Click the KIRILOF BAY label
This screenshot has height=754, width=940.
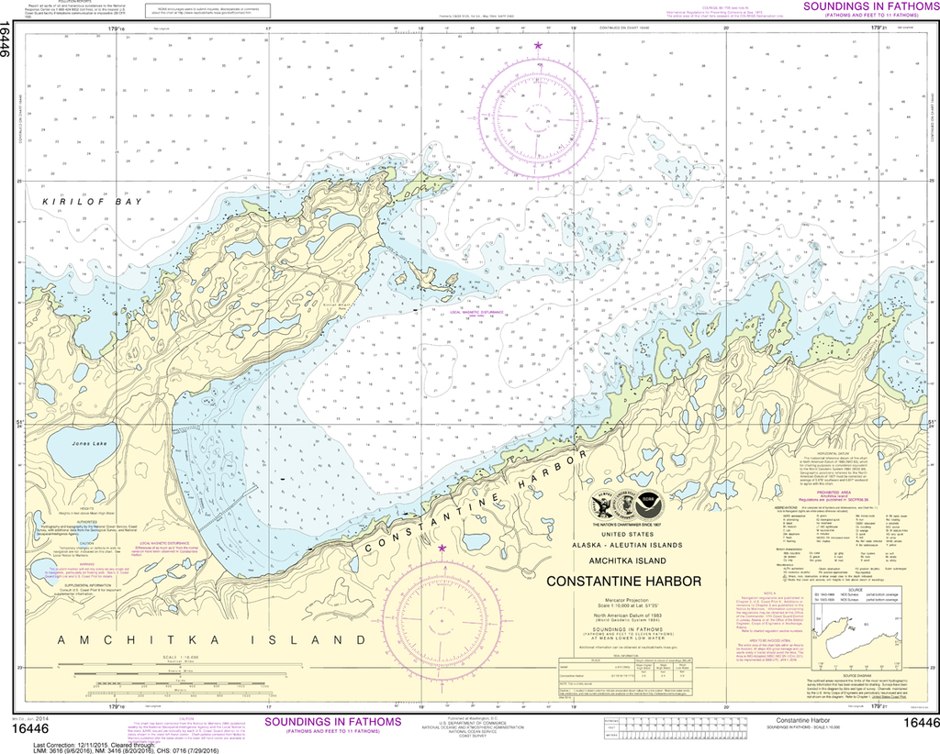click(92, 202)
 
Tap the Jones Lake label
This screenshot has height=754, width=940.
click(92, 444)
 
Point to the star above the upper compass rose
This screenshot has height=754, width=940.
click(538, 45)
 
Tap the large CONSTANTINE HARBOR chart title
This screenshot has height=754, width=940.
click(623, 581)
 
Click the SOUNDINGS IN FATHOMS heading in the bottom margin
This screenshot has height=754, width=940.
click(333, 722)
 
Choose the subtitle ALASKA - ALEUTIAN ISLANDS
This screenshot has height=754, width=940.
click(623, 544)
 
